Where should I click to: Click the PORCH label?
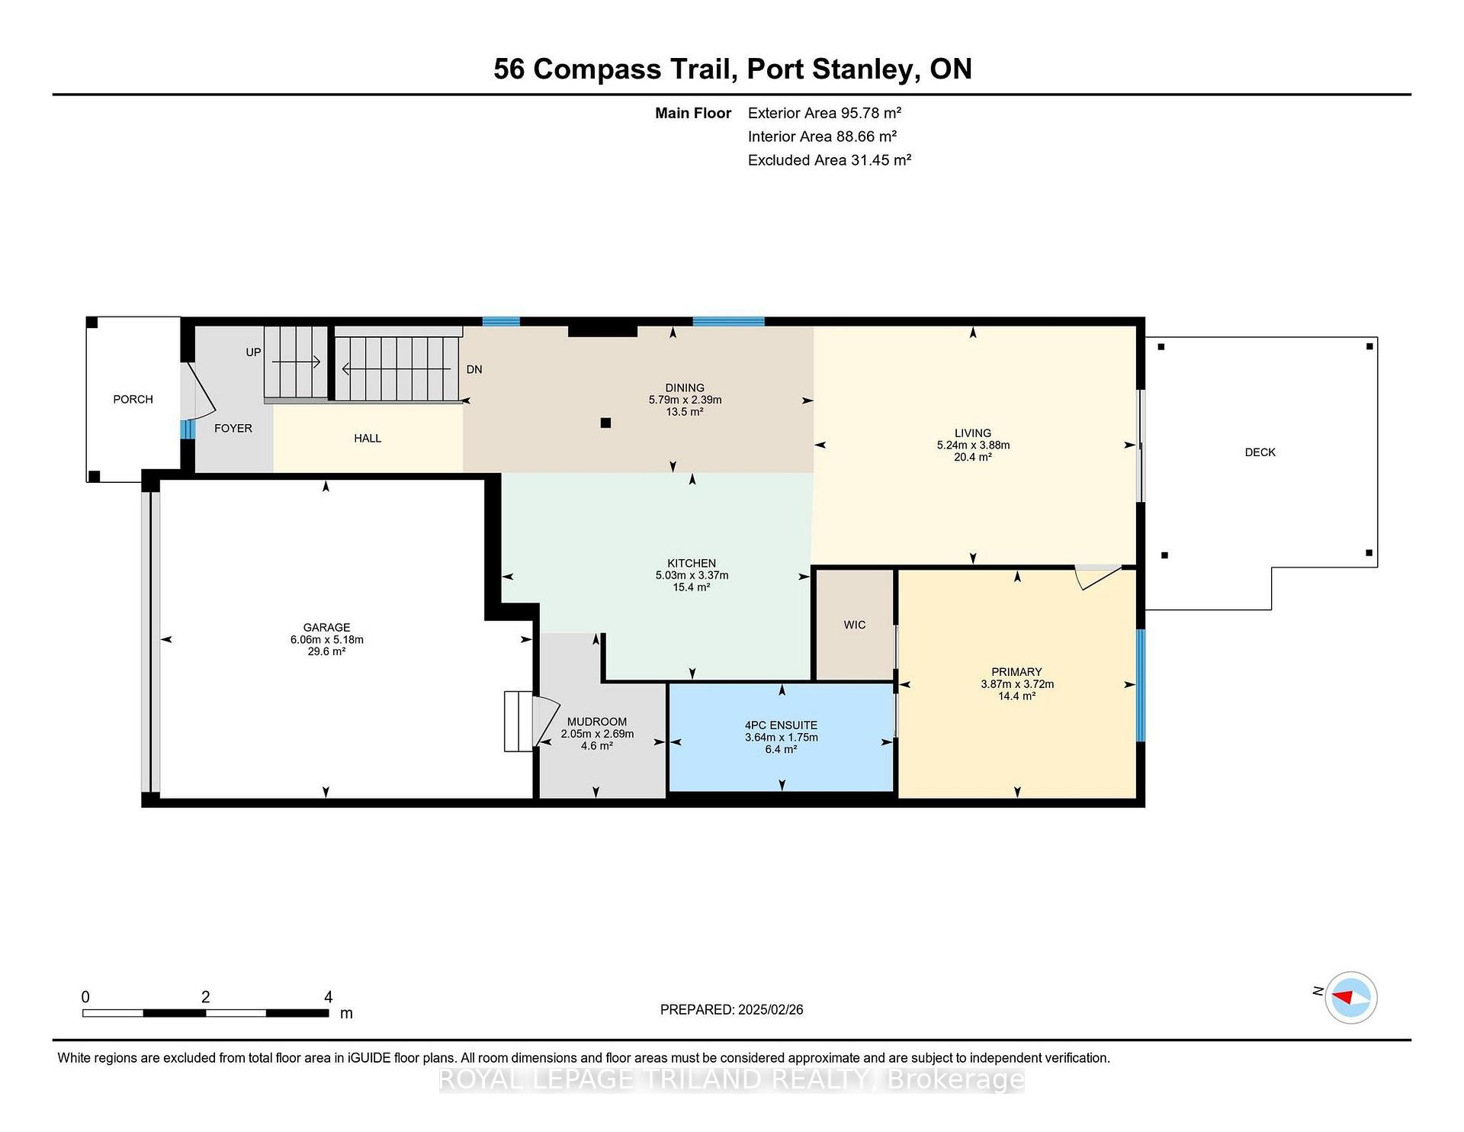[133, 399]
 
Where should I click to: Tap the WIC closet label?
[854, 625]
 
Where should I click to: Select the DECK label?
[1260, 452]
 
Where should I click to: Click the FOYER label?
[233, 429]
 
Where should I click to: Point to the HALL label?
[367, 439]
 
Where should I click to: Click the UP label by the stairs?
[253, 352]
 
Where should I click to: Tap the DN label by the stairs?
[474, 369]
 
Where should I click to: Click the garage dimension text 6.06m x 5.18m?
[326, 640]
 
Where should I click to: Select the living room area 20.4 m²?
[972, 458]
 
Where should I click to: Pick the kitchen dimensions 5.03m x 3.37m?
[692, 576]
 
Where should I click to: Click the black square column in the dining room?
[605, 423]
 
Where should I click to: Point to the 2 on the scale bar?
[205, 997]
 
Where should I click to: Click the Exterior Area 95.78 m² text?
[824, 113]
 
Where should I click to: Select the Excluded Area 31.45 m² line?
[830, 160]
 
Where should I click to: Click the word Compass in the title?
[596, 69]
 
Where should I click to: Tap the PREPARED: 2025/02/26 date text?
[731, 1010]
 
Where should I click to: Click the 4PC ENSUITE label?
[781, 726]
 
